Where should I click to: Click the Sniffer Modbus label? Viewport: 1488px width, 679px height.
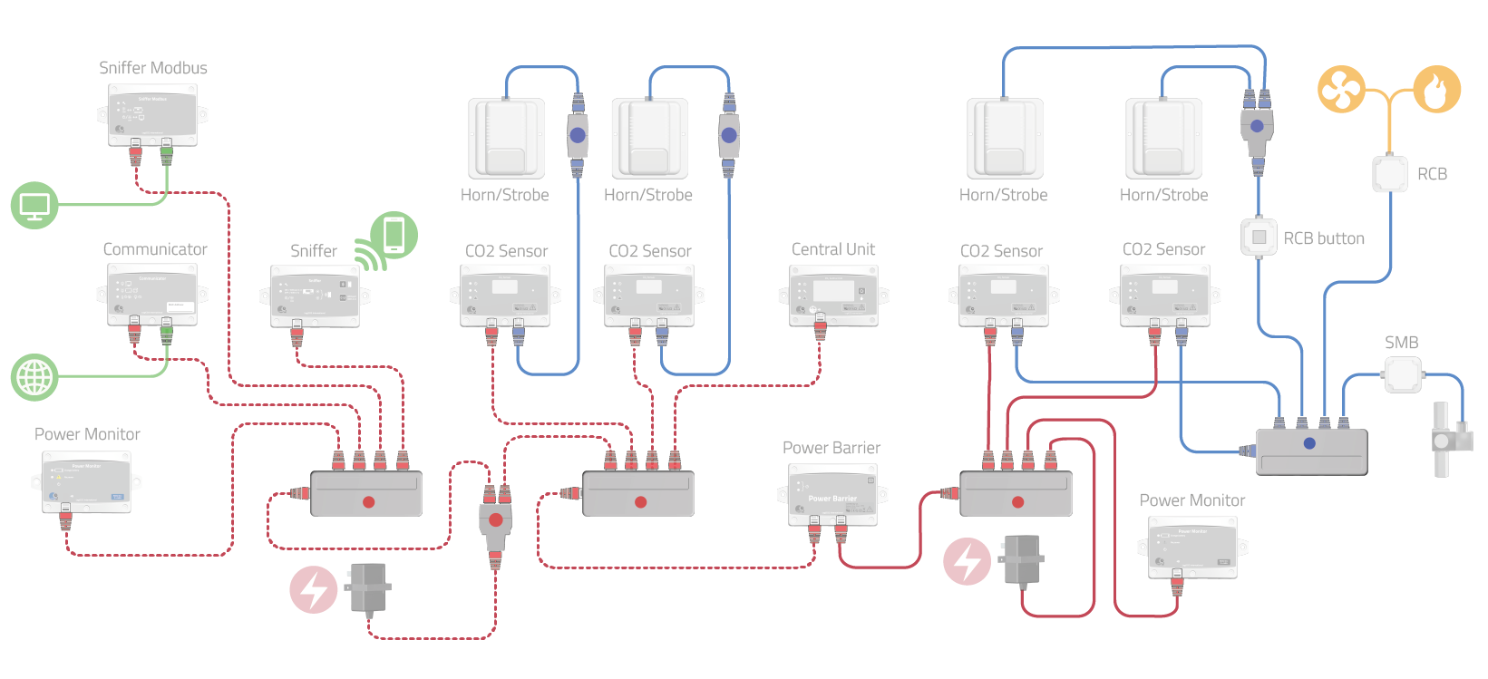152,68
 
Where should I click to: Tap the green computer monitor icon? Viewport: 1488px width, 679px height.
34,205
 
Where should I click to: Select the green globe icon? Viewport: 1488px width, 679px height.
34,377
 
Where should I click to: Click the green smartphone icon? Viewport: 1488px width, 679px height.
394,235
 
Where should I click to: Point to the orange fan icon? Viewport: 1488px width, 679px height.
1341,89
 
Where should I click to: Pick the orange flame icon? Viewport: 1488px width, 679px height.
1437,89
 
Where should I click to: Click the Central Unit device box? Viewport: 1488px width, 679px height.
832,296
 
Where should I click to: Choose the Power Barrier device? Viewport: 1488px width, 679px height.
832,495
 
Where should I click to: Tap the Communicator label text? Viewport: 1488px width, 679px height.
155,249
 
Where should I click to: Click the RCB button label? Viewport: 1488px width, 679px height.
1324,238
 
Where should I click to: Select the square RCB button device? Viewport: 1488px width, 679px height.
1259,237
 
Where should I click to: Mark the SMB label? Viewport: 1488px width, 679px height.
1401,343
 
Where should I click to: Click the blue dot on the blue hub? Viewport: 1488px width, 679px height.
1309,443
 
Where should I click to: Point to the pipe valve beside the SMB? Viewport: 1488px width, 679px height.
1443,440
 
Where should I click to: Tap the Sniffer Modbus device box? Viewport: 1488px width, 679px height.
152,114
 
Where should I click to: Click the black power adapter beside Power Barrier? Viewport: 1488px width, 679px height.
1022,559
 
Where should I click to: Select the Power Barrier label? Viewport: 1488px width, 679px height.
832,448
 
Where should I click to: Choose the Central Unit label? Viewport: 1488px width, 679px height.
833,249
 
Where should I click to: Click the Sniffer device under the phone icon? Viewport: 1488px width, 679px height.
315,296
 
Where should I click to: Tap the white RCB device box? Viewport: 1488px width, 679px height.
1390,174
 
